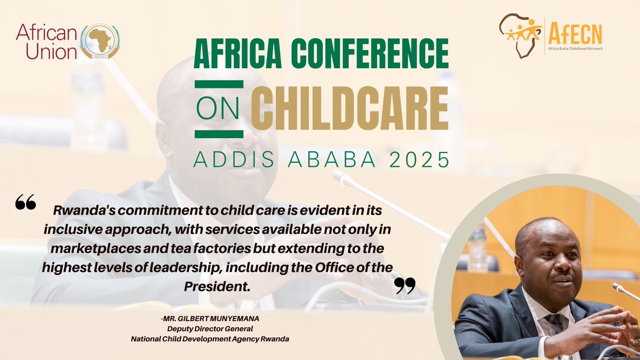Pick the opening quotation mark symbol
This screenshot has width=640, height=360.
point(26,202)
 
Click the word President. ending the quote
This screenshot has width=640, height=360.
point(217,287)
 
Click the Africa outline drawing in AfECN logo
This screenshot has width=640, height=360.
point(519,35)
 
